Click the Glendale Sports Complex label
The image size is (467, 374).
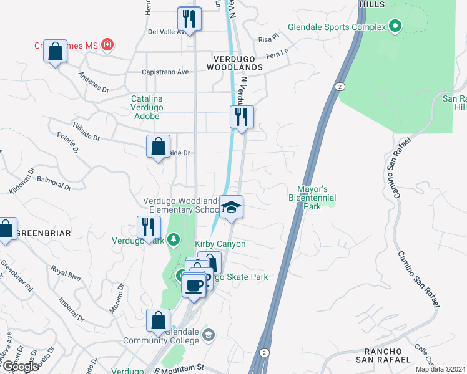click(335, 27)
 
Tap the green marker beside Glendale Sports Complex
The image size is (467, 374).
click(394, 26)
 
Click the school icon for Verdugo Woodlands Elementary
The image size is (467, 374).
click(231, 207)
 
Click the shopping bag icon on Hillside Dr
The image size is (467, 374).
click(159, 147)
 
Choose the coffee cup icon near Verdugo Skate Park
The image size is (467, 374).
click(194, 285)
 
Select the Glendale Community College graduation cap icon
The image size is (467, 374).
click(209, 336)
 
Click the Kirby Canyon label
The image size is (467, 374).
click(220, 244)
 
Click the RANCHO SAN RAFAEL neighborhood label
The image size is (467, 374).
click(383, 355)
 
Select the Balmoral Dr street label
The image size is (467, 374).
click(50, 185)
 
